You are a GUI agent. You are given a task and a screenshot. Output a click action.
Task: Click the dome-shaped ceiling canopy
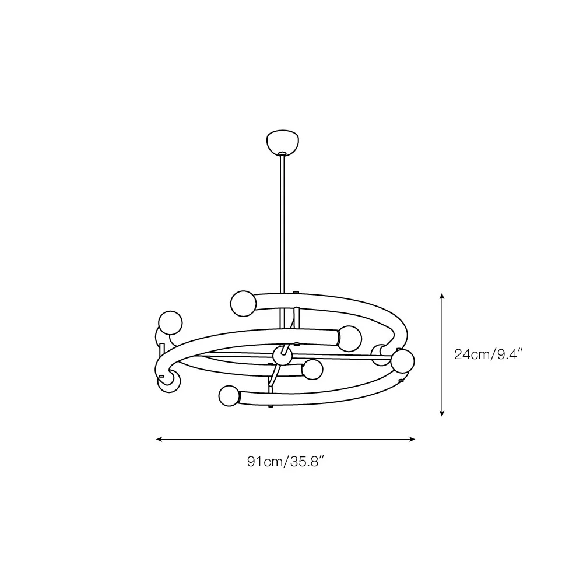[283, 142]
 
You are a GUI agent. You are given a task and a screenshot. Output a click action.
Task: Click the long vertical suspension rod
[283, 223]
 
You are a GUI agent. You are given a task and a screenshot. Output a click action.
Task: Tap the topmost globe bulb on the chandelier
[244, 304]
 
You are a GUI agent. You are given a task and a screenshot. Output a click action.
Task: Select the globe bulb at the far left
[170, 323]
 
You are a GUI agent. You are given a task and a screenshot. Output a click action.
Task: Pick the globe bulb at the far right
[403, 361]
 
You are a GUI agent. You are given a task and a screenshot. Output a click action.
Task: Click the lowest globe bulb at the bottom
[229, 396]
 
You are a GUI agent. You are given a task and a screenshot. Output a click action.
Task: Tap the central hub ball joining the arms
[282, 356]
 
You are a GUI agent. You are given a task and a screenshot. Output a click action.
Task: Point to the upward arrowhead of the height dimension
[442, 296]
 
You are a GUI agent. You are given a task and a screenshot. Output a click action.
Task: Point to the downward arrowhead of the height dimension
[442, 413]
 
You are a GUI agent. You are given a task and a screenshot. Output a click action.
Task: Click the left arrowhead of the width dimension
[160, 439]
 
